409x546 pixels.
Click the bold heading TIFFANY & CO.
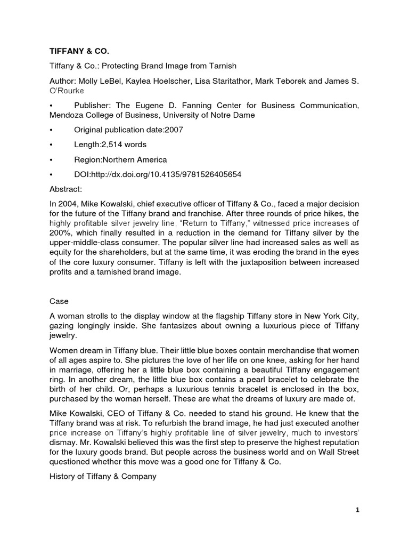click(x=78, y=51)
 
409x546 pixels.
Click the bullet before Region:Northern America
click(x=51, y=159)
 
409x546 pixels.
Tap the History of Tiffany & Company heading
click(x=103, y=462)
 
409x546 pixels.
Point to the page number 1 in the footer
click(x=357, y=510)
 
